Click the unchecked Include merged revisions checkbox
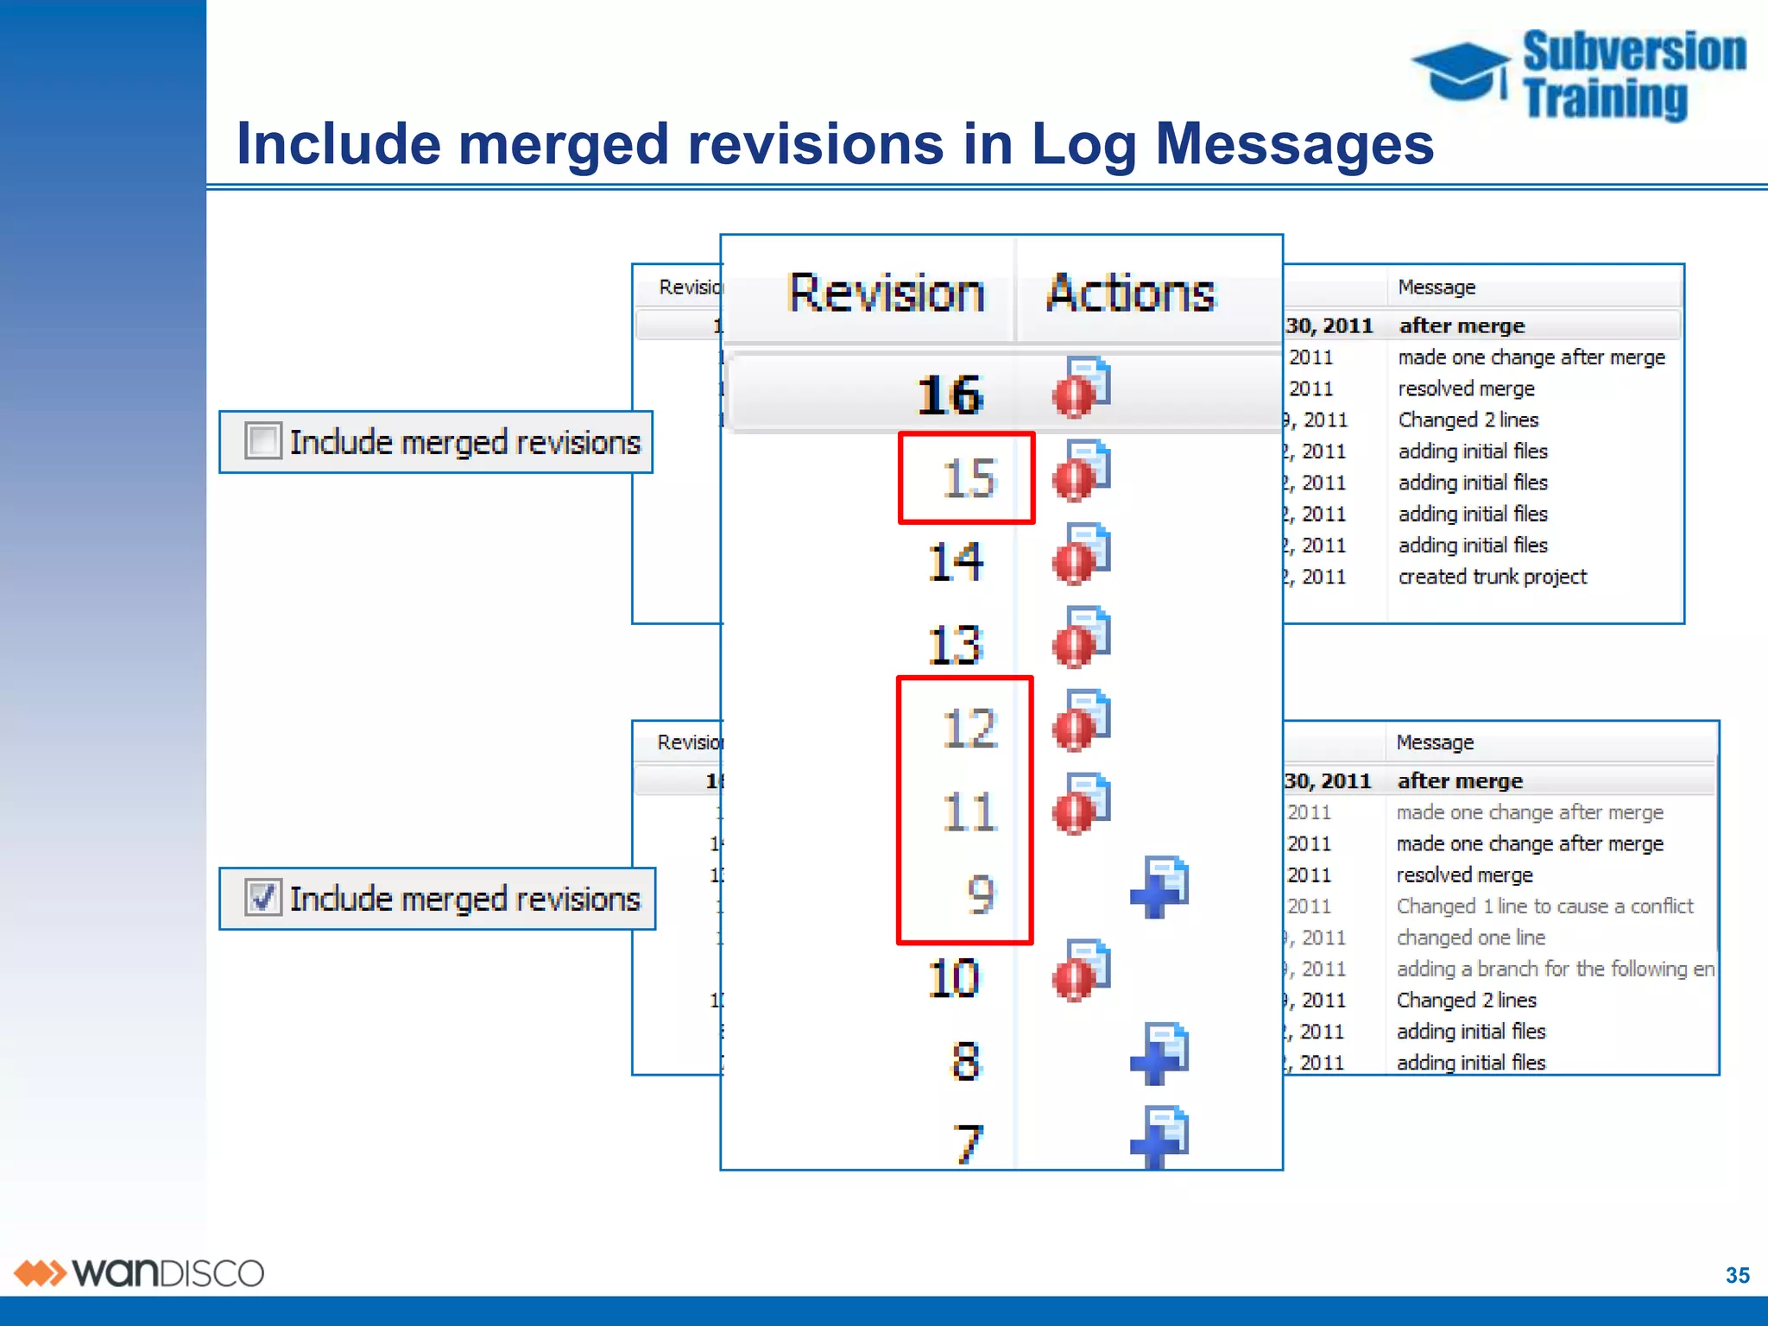pos(262,441)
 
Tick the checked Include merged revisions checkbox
pos(262,897)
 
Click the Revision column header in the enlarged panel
pos(886,294)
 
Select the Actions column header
pos(1130,294)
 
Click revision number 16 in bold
pos(950,395)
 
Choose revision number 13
pos(955,645)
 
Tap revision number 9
pos(981,894)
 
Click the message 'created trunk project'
pos(1492,577)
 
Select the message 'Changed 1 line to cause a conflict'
pos(1544,906)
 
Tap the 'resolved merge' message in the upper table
pos(1466,388)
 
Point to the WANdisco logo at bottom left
pos(138,1273)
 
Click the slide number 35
pos(1737,1275)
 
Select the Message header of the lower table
pos(1435,742)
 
